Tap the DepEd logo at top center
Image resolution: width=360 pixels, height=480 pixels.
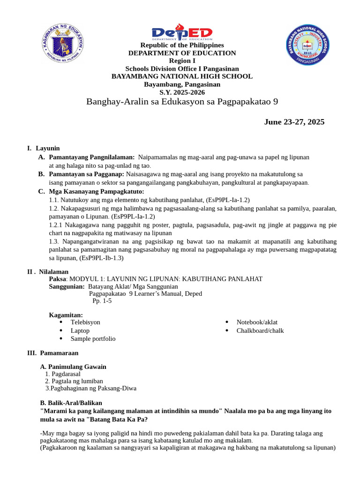click(182, 34)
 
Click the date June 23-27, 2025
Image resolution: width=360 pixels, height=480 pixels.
click(294, 122)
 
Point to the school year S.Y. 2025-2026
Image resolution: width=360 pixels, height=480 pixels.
click(182, 92)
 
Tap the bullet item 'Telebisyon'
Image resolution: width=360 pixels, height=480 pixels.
click(85, 322)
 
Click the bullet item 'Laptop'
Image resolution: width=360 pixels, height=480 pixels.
click(80, 330)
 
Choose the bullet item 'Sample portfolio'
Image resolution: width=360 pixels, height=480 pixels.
click(93, 338)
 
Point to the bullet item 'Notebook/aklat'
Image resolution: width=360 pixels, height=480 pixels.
click(257, 322)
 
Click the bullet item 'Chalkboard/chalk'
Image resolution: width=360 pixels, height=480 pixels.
click(260, 330)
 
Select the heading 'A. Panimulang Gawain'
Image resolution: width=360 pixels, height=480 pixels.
click(74, 367)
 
